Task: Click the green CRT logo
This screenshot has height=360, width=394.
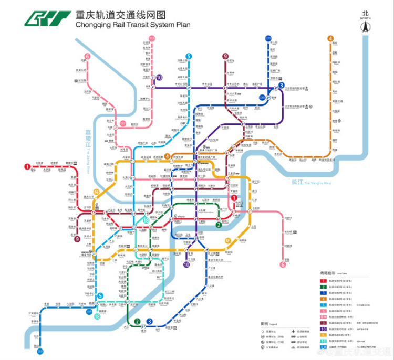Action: click(47, 18)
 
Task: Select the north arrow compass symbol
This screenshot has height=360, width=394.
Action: click(366, 26)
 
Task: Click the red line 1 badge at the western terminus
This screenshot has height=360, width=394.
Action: click(27, 167)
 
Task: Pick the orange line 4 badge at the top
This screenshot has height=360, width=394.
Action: click(330, 38)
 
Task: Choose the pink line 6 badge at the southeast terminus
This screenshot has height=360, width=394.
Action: click(283, 264)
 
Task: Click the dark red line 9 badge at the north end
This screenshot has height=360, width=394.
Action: click(225, 56)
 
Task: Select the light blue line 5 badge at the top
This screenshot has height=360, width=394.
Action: click(188, 56)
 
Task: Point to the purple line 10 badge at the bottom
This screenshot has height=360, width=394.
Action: click(186, 264)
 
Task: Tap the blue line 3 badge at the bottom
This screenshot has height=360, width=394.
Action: click(150, 322)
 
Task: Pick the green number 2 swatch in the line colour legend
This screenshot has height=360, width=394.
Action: click(324, 288)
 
